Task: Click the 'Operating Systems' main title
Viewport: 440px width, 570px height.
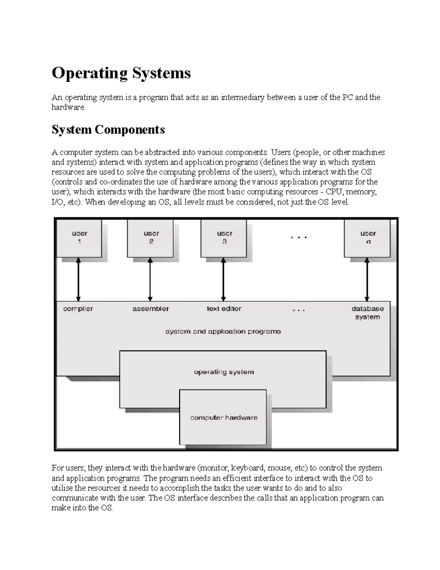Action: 121,73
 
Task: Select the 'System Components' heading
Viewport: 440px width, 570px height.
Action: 108,130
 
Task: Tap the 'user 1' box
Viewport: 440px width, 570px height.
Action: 79,238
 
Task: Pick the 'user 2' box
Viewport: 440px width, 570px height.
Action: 151,238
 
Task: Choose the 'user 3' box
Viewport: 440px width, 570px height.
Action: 224,238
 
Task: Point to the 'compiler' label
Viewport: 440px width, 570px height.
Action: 78,309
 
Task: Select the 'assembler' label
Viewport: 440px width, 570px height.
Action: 151,309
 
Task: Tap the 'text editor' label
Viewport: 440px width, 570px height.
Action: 224,309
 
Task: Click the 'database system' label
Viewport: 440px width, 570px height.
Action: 367,313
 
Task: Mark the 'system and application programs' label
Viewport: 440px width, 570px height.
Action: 223,331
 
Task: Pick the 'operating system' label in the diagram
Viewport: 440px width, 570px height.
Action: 224,372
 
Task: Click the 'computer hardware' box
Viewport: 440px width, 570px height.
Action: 223,417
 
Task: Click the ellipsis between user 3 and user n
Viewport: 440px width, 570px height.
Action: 299,238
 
